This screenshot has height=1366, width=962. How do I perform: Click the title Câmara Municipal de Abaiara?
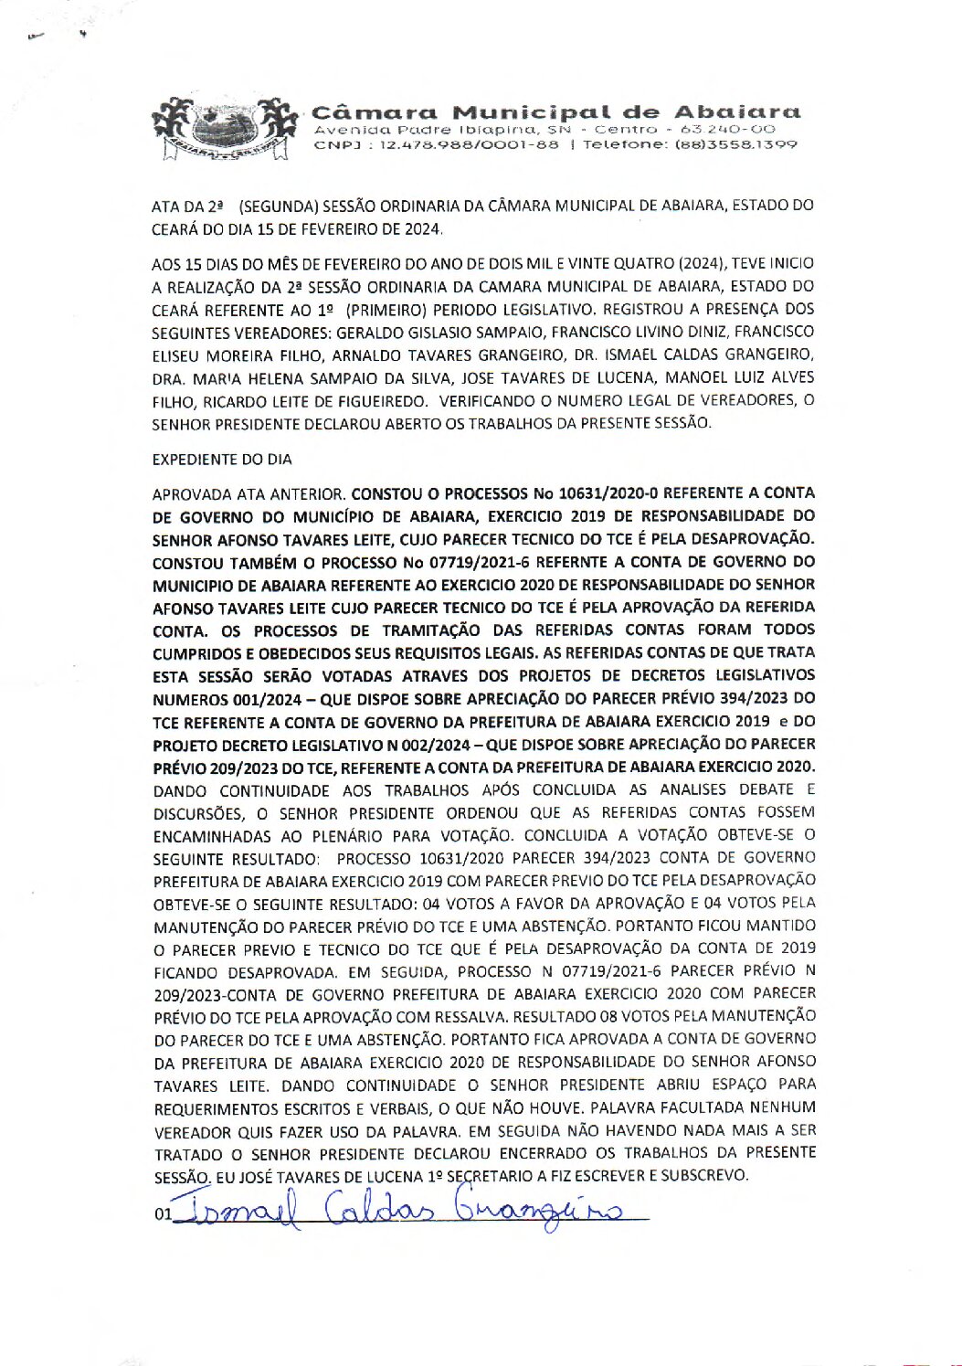click(x=556, y=112)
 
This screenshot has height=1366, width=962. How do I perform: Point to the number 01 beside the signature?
click(x=164, y=1216)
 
